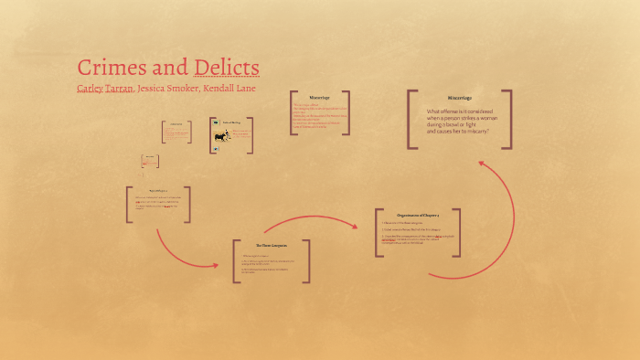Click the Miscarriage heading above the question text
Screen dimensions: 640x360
tap(459, 98)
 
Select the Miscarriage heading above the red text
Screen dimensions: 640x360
tap(319, 98)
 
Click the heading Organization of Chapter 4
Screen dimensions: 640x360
tap(416, 216)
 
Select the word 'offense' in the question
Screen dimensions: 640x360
tap(454, 111)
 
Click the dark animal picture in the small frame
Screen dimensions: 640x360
tap(220, 137)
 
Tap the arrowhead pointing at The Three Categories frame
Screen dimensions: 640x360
tap(215, 265)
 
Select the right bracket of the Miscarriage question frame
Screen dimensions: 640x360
tap(509, 118)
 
